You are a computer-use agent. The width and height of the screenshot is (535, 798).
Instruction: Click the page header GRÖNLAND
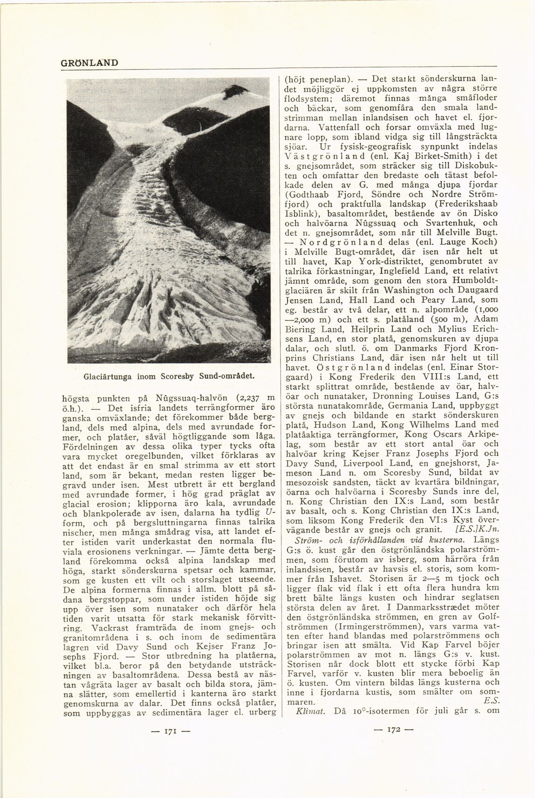click(89, 62)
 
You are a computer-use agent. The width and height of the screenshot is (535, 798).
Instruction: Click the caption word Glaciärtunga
click(104, 375)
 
